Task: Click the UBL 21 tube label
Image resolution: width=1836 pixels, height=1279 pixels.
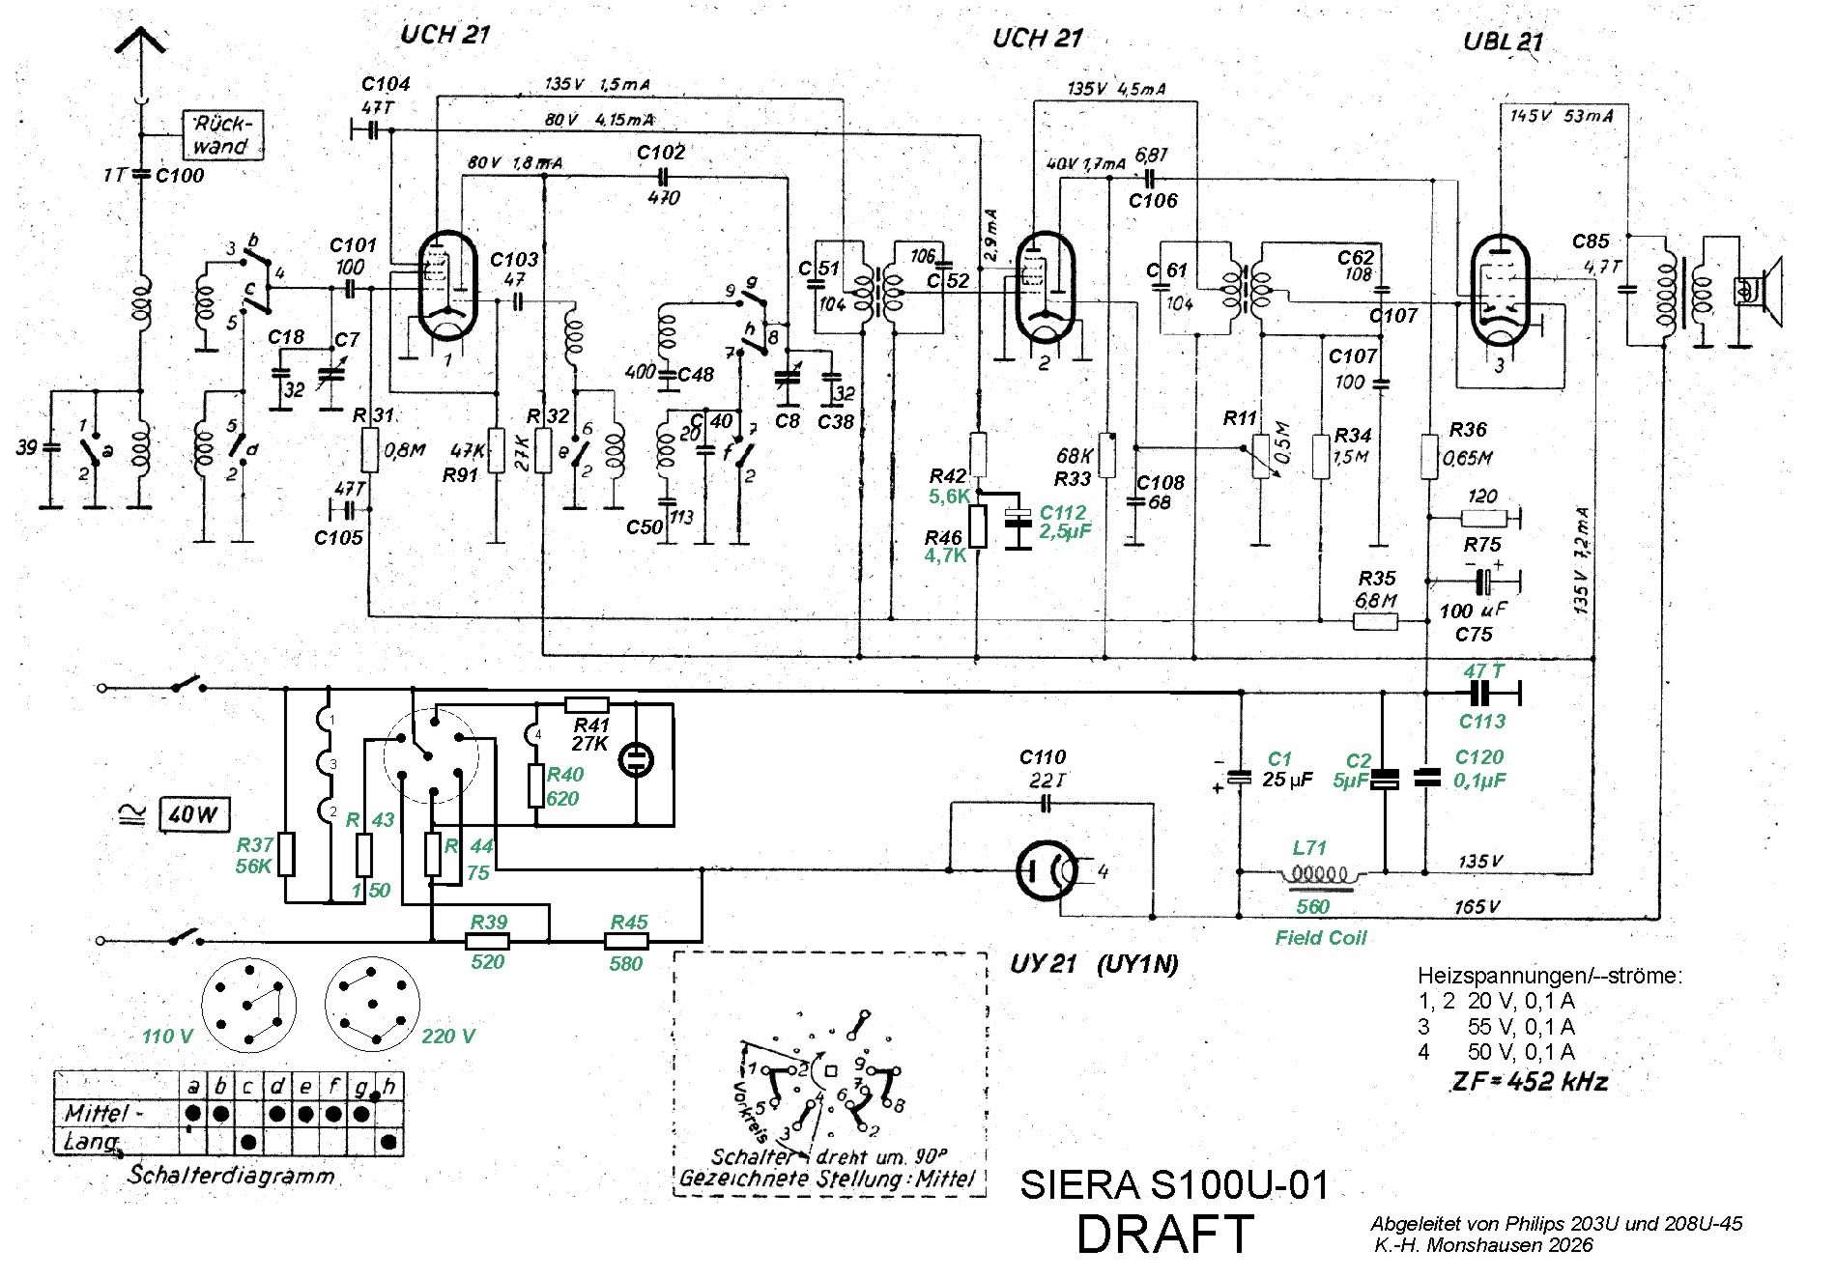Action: click(x=1503, y=41)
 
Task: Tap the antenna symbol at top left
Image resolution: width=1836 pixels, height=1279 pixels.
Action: click(x=141, y=43)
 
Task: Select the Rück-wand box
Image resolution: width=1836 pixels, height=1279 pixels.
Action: click(x=222, y=135)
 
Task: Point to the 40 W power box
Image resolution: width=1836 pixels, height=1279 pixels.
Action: click(x=193, y=814)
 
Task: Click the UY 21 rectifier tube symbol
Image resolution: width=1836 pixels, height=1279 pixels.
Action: click(x=1047, y=870)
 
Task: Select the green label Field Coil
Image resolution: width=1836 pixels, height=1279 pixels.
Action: click(x=1320, y=937)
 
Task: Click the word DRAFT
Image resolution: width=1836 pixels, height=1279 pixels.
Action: click(x=1164, y=1235)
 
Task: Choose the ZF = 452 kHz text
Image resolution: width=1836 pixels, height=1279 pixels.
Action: click(x=1530, y=1081)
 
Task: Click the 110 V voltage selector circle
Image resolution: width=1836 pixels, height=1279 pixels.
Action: click(x=248, y=1006)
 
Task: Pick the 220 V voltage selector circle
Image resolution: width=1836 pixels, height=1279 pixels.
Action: click(x=372, y=1004)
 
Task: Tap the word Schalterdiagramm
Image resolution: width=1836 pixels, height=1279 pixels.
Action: click(x=232, y=1175)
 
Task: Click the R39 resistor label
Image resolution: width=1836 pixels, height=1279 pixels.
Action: click(x=489, y=922)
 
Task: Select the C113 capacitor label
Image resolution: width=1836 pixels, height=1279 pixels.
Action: click(x=1481, y=721)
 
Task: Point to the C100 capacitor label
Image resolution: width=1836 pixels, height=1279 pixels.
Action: click(x=180, y=175)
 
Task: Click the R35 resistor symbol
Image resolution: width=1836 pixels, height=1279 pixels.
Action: click(x=1374, y=621)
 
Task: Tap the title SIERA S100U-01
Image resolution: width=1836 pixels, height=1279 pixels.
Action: click(x=1174, y=1184)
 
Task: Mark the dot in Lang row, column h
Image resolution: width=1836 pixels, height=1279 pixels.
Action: click(x=388, y=1142)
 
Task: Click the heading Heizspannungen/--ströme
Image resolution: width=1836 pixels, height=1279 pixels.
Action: click(x=1549, y=976)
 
